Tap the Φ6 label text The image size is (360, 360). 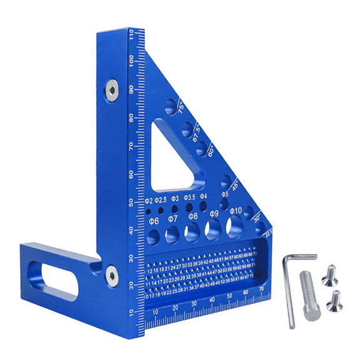click(x=153, y=220)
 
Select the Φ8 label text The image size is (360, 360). click(x=193, y=217)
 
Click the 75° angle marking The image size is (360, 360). click(x=181, y=107)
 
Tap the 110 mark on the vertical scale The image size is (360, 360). click(x=132, y=39)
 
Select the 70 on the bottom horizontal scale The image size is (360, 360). click(x=261, y=289)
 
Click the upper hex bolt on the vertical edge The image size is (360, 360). click(x=111, y=90)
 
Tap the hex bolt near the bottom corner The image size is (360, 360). click(x=111, y=273)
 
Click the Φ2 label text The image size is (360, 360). click(x=149, y=201)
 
